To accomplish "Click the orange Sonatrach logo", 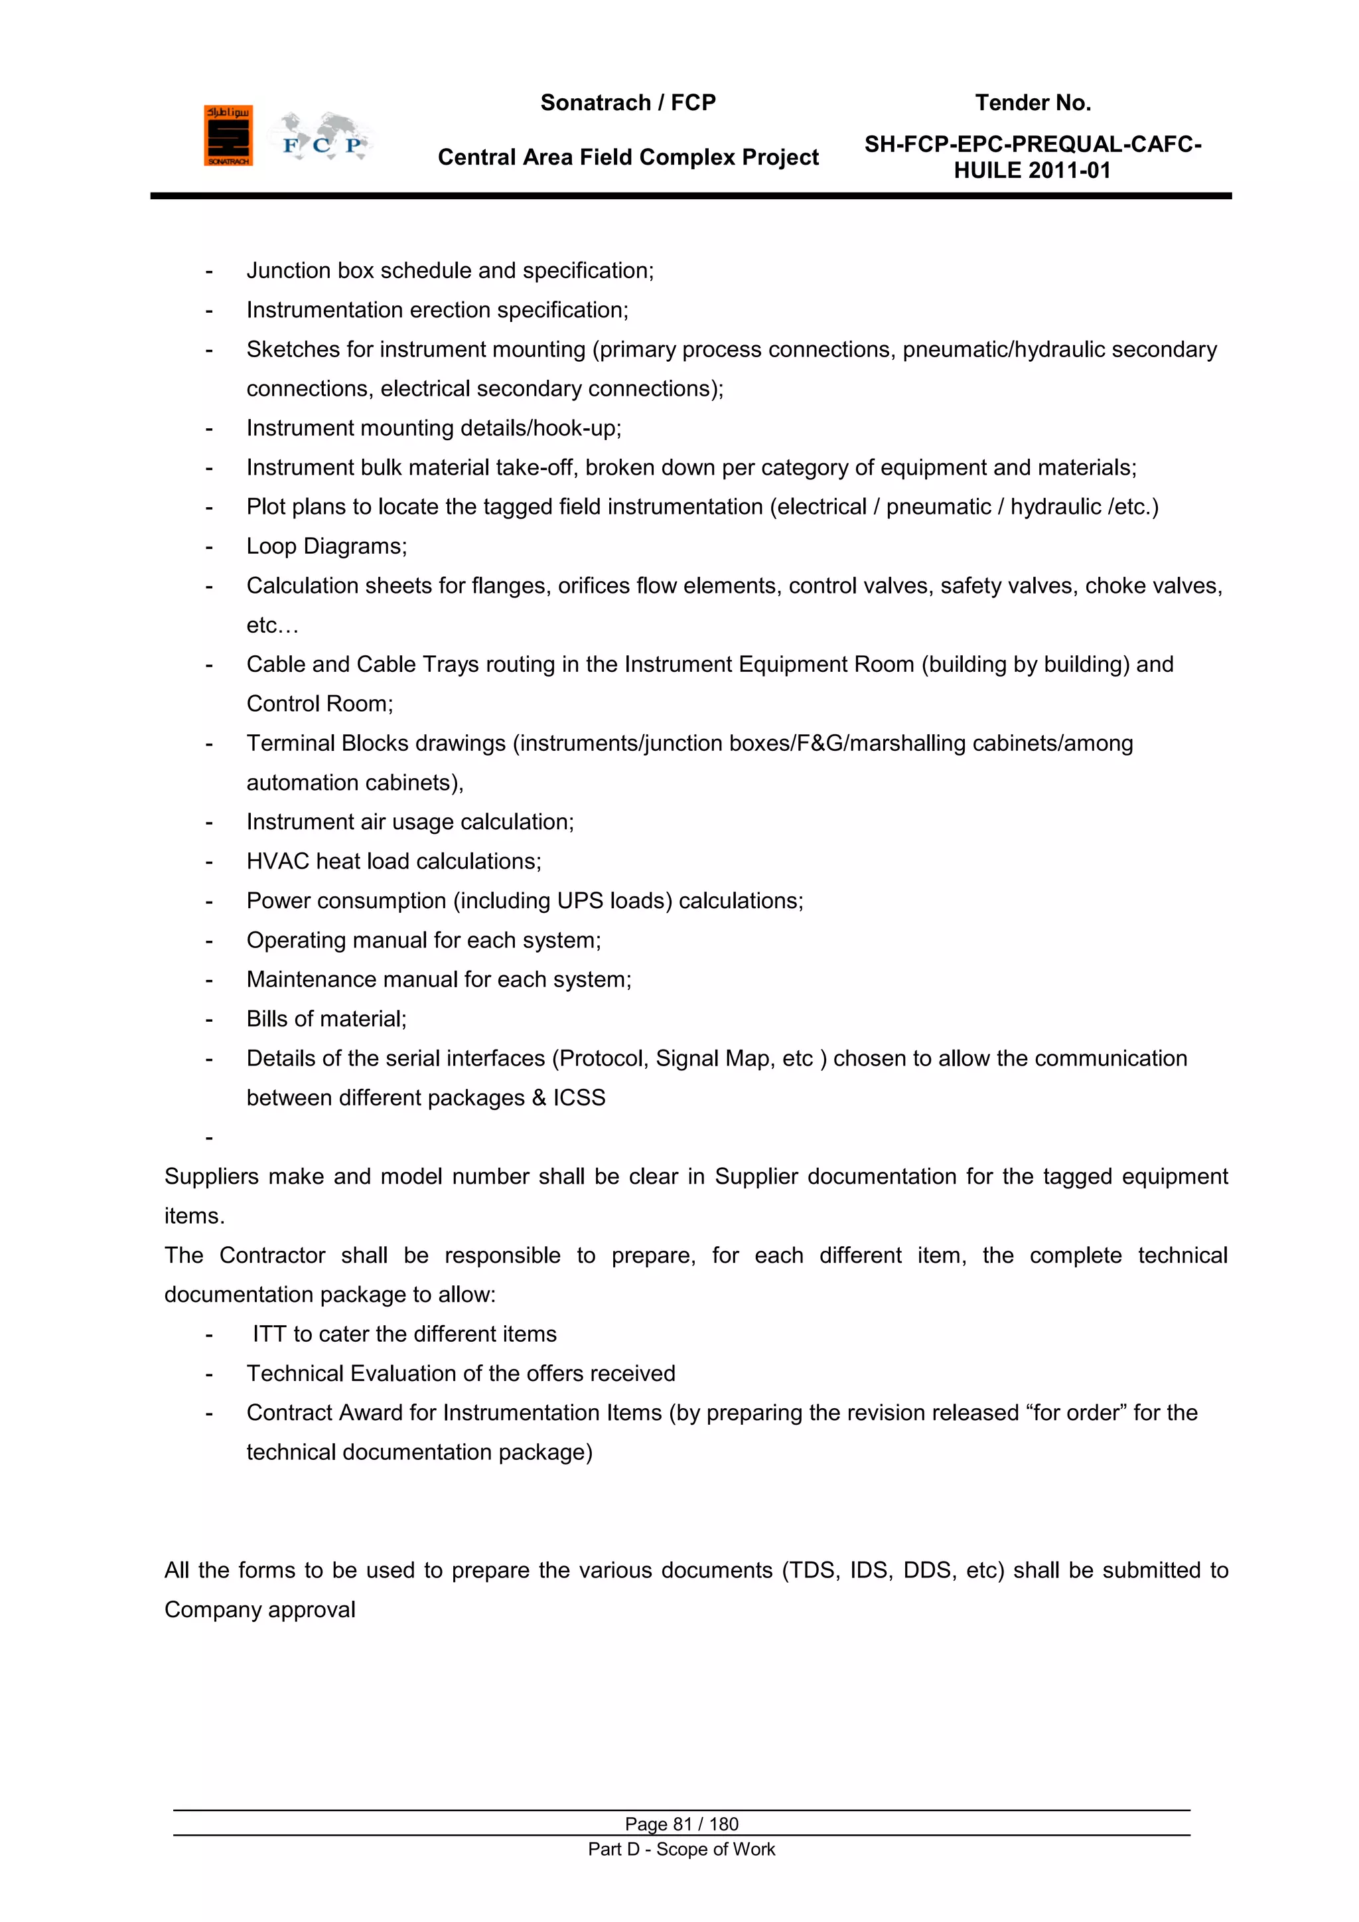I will (228, 135).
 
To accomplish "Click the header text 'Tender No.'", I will (1032, 103).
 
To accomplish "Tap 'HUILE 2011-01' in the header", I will (1032, 171).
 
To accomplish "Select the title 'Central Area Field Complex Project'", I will (628, 157).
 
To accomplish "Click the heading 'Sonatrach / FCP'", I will (628, 103).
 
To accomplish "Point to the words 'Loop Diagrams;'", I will (326, 546).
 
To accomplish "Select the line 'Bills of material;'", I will (326, 1019).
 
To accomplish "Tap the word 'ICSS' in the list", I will (579, 1097).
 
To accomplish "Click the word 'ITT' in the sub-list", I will (269, 1334).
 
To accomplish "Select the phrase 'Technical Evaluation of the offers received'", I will (461, 1374).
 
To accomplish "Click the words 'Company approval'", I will (259, 1610).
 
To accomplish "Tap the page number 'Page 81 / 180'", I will (681, 1824).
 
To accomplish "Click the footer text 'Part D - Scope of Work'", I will (681, 1849).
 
